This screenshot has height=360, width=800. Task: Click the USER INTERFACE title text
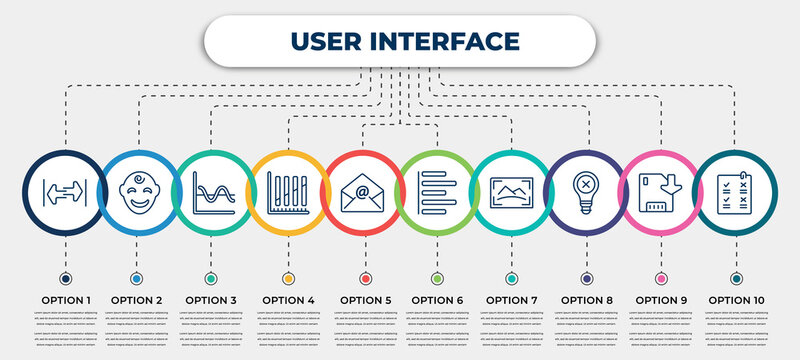(x=406, y=41)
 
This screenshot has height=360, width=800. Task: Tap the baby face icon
(x=138, y=188)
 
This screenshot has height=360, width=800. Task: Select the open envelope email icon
(x=363, y=188)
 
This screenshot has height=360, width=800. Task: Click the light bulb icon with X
(x=587, y=188)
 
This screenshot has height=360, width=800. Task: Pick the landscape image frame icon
(x=512, y=188)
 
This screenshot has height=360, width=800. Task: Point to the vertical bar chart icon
(x=288, y=188)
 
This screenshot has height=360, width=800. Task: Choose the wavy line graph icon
(x=213, y=188)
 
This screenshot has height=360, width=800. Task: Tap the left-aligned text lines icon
(x=437, y=188)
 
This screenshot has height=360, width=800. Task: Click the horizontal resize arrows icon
(x=64, y=188)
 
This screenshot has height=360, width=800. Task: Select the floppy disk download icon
(x=661, y=188)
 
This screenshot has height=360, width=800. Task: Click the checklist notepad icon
(x=736, y=188)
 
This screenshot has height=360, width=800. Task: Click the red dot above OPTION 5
(x=365, y=278)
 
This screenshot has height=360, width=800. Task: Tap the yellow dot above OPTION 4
(x=288, y=278)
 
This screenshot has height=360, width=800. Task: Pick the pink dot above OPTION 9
(x=661, y=278)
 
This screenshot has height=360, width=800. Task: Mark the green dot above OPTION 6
(x=437, y=278)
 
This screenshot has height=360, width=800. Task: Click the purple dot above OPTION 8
(x=587, y=278)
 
